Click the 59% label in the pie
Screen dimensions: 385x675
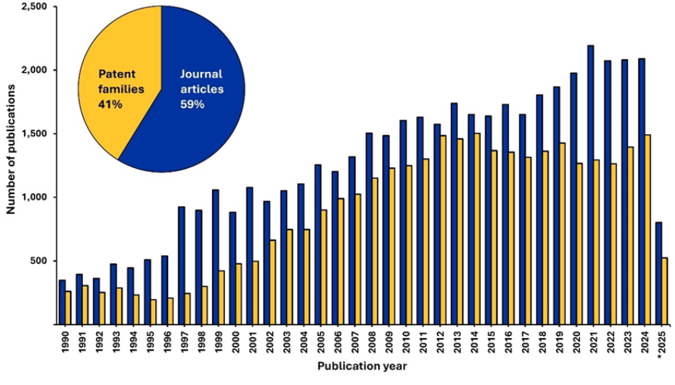click(x=193, y=105)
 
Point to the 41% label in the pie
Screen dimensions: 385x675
click(x=110, y=105)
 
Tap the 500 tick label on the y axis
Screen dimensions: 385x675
click(x=40, y=261)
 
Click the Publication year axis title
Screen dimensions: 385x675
click(x=363, y=366)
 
